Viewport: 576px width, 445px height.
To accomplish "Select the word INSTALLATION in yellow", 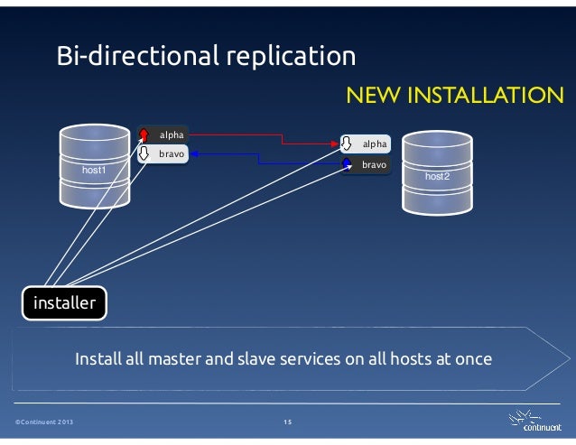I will click(x=489, y=97).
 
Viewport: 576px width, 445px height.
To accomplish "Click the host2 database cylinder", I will click(x=436, y=176).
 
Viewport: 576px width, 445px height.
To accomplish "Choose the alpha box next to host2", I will click(x=373, y=144).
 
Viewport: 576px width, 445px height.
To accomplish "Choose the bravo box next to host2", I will click(x=373, y=165).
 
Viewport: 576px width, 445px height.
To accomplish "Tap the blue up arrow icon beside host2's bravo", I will click(x=346, y=165).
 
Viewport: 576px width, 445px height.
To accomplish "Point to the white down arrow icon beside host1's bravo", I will click(x=143, y=154).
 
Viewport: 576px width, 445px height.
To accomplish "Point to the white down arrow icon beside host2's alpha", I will click(x=346, y=144).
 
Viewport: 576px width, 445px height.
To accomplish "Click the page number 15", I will click(x=287, y=422).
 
